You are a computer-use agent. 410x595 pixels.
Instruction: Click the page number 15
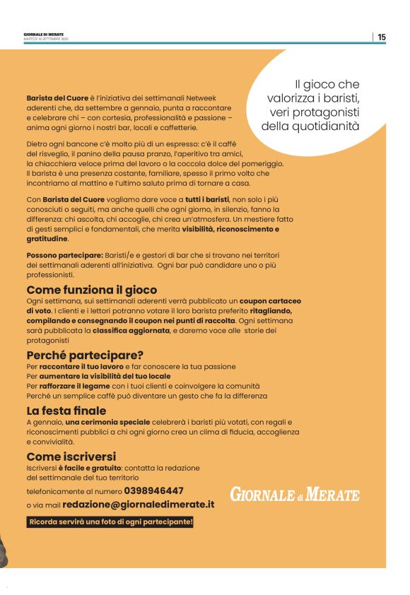(x=382, y=37)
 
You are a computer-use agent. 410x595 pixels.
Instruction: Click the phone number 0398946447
(x=153, y=490)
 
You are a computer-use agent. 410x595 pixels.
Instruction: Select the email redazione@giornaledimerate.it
(x=138, y=505)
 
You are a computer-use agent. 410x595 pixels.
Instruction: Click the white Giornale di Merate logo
(x=294, y=495)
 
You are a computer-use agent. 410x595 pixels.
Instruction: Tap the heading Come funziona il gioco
(x=91, y=290)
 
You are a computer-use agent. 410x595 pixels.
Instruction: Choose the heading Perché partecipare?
(x=85, y=355)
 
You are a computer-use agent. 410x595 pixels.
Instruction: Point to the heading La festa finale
(x=66, y=411)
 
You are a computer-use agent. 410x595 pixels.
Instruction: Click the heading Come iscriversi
(x=71, y=456)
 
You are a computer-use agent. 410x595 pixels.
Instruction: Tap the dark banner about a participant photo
(x=110, y=522)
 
